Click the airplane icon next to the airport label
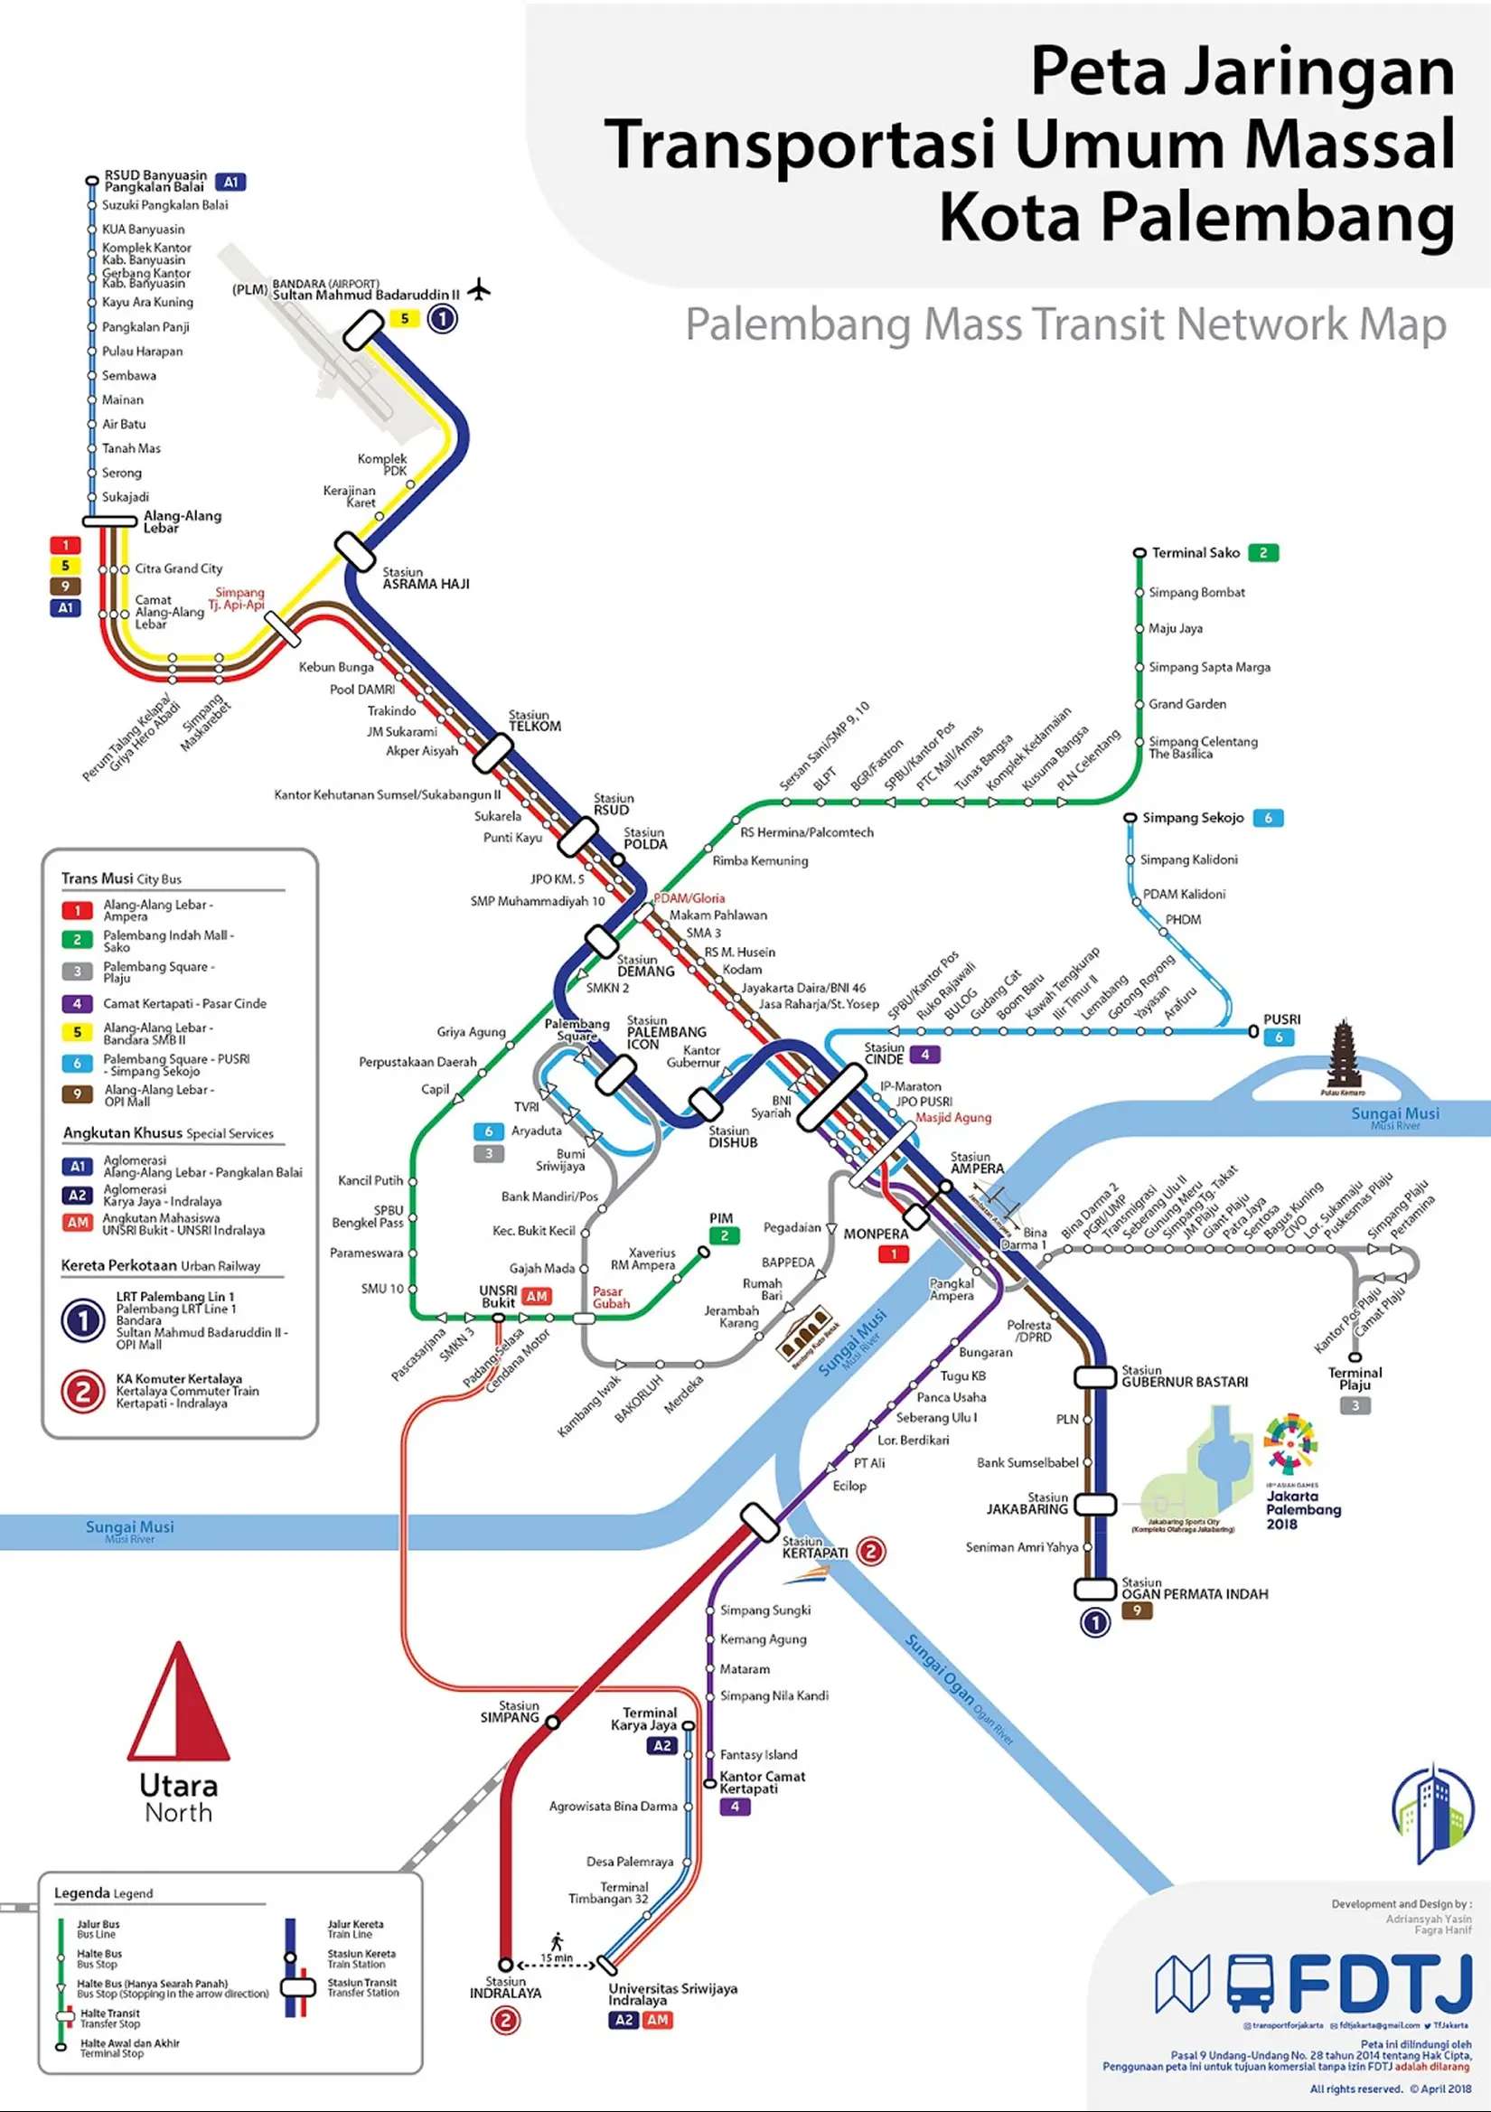pos(478,290)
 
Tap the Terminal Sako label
pos(1195,553)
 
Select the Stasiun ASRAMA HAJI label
pos(425,577)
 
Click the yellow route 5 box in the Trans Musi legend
pos(78,1033)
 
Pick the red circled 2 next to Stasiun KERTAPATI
pos(870,1552)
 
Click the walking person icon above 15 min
pos(557,1941)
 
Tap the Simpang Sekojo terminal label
pos(1192,818)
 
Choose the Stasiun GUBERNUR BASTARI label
pos(1184,1377)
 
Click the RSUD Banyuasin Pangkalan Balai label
pos(155,181)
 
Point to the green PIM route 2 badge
pos(724,1236)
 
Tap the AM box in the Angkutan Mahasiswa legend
pos(78,1223)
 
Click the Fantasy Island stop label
pos(758,1754)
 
